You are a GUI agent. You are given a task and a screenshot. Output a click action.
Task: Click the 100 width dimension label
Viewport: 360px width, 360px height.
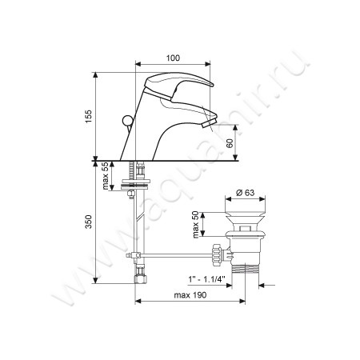pyautogui.click(x=173, y=58)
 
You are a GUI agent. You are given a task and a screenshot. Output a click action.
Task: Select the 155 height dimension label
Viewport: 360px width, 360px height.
pyautogui.click(x=88, y=116)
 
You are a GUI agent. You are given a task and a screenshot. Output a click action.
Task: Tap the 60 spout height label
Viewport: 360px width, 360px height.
pyautogui.click(x=230, y=143)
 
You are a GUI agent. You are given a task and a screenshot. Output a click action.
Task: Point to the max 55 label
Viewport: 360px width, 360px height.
pyautogui.click(x=106, y=176)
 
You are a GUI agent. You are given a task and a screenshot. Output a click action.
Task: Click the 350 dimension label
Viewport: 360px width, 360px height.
pyautogui.click(x=88, y=222)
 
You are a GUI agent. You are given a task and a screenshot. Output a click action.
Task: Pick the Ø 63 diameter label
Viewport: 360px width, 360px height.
pyautogui.click(x=246, y=193)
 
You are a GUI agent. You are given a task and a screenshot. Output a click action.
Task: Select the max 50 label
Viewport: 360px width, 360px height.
pyautogui.click(x=196, y=225)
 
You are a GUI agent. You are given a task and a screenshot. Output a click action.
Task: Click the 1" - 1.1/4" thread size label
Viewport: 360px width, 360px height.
pyautogui.click(x=206, y=279)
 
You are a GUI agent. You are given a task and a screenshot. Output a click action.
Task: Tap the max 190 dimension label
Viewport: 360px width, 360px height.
pyautogui.click(x=190, y=295)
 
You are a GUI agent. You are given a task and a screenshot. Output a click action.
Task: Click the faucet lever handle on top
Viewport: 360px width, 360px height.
pyautogui.click(x=178, y=82)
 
